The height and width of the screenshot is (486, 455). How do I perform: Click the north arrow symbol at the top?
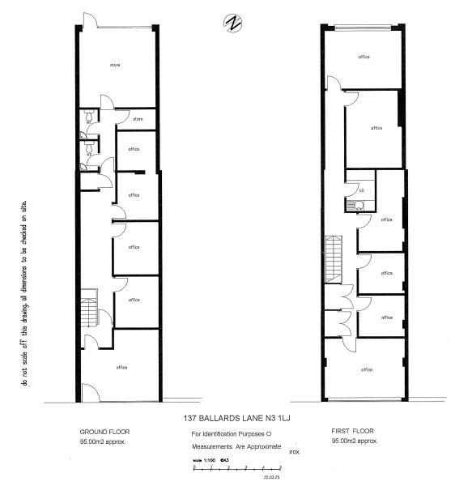(232, 23)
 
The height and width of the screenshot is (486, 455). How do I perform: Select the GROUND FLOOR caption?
(104, 432)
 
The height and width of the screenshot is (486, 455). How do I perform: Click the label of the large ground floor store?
(115, 64)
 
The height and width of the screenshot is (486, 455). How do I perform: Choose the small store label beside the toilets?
(138, 119)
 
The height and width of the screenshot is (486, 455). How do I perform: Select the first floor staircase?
(331, 258)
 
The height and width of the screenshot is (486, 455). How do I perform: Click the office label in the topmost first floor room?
(364, 56)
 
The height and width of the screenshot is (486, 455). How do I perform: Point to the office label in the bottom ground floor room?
(121, 368)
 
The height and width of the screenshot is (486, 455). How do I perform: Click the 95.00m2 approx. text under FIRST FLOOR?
(355, 442)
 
